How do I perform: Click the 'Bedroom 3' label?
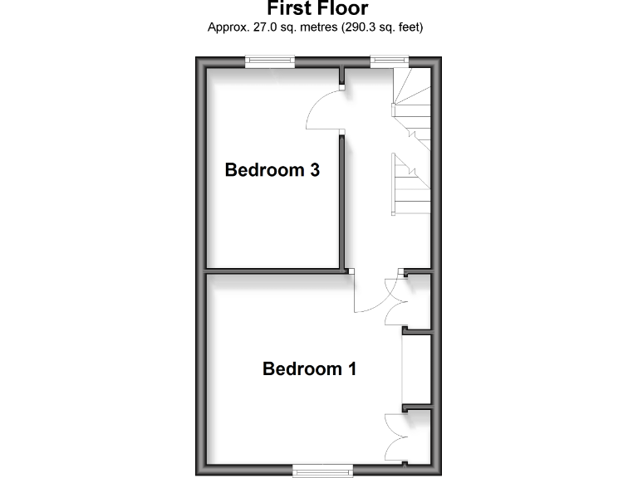[x=272, y=170]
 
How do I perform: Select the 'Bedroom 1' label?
[x=310, y=368]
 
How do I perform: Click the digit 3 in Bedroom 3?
[x=315, y=170]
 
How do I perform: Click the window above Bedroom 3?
[x=270, y=59]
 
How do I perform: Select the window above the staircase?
[x=389, y=59]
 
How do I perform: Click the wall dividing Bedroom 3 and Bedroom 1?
[x=274, y=270]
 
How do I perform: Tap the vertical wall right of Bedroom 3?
[x=342, y=203]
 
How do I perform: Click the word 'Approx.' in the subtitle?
[x=226, y=27]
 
